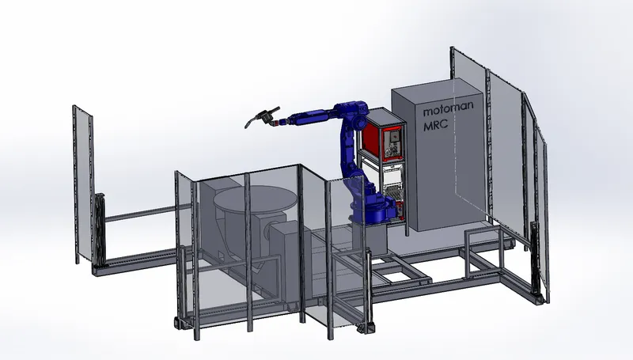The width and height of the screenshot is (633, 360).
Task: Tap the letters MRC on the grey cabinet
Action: coord(436,124)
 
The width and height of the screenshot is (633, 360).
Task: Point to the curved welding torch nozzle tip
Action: coord(246,126)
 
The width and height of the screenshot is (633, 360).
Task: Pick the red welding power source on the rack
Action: coord(383,136)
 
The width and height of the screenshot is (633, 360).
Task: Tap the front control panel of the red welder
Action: coord(392,142)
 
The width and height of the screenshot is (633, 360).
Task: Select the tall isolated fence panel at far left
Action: coord(83,183)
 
